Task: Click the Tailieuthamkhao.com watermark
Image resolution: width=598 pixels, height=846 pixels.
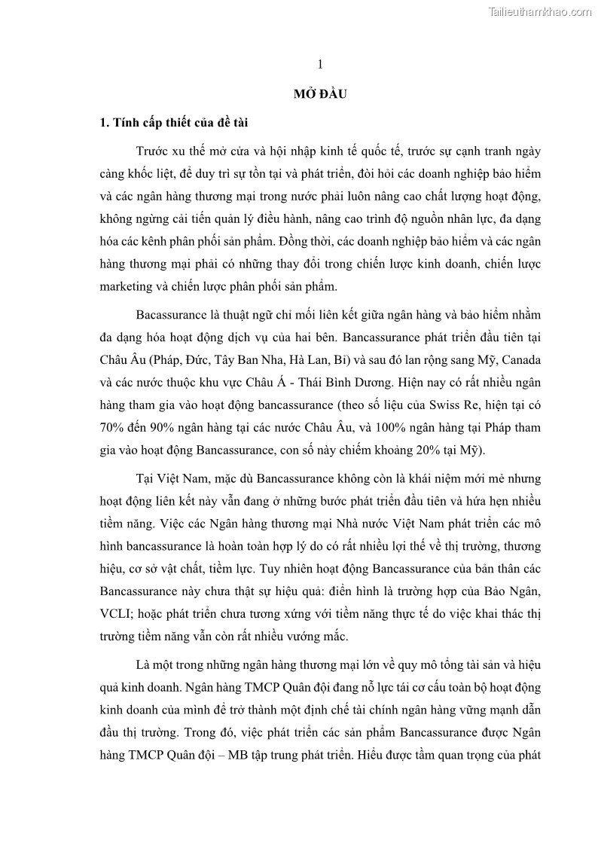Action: click(x=540, y=11)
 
